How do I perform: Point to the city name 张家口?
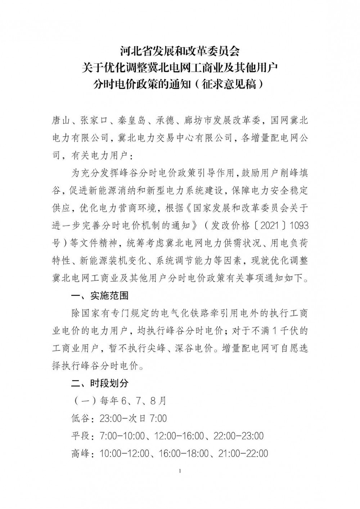[x=95, y=121]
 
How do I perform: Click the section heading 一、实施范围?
[x=100, y=296]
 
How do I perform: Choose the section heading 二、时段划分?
[x=100, y=383]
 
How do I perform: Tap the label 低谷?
[x=80, y=419]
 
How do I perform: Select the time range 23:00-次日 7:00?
[x=133, y=419]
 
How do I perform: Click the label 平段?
[x=80, y=436]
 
